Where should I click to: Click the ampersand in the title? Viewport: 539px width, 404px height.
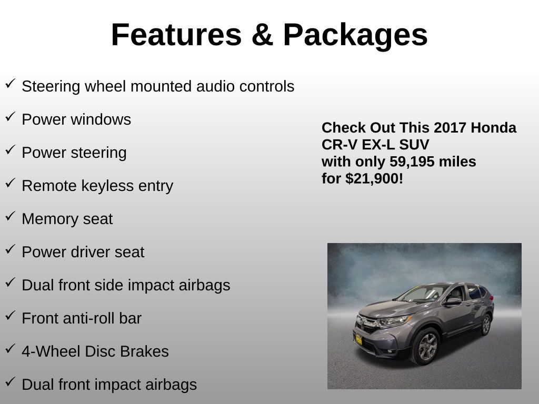click(262, 35)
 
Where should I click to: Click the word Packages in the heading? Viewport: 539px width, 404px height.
click(355, 36)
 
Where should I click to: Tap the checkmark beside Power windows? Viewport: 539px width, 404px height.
click(11, 116)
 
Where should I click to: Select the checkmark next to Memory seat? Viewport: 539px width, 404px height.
click(11, 216)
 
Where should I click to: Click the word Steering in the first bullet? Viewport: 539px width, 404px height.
click(51, 87)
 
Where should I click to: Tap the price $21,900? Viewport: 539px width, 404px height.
click(374, 179)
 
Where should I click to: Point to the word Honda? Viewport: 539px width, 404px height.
click(493, 127)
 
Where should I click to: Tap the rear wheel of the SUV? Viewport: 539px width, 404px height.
click(486, 324)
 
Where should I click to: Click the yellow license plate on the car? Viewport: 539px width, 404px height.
click(358, 339)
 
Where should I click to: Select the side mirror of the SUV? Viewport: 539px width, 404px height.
click(453, 301)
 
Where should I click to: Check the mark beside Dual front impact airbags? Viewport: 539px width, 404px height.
click(11, 381)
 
